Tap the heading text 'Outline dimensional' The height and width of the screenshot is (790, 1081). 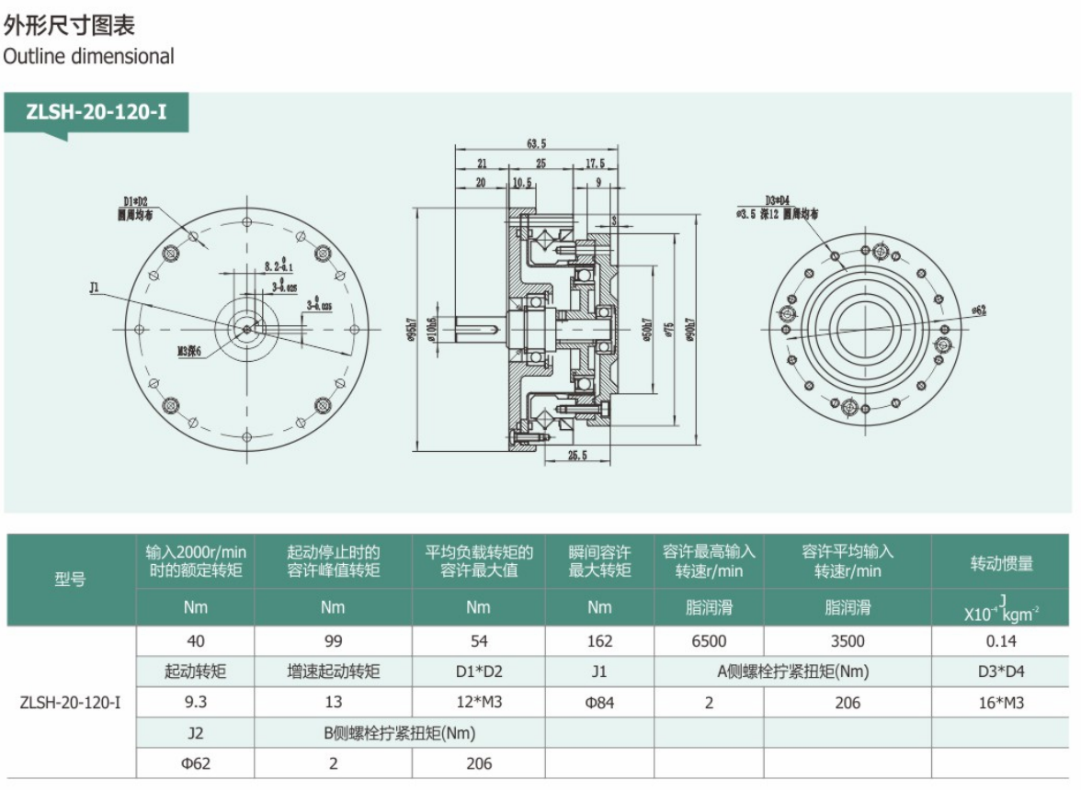[x=88, y=56]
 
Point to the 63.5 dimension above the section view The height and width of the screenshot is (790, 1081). [x=537, y=143]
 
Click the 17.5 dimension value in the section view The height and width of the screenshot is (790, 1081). [x=595, y=164]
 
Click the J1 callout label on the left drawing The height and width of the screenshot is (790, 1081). [x=95, y=288]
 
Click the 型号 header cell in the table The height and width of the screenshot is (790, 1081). [x=70, y=580]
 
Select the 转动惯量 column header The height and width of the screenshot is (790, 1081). [x=1002, y=563]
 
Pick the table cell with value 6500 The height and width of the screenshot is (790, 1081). [x=708, y=641]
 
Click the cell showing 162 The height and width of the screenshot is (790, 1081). [x=599, y=641]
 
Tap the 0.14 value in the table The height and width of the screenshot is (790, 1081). [x=1002, y=641]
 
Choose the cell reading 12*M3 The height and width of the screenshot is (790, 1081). [x=478, y=703]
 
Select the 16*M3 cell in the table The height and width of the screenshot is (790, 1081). [x=1002, y=703]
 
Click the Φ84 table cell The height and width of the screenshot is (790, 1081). [x=599, y=703]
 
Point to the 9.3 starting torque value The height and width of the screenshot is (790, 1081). [x=195, y=703]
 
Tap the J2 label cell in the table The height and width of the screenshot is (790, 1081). [x=195, y=733]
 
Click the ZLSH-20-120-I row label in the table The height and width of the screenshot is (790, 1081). [x=70, y=703]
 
